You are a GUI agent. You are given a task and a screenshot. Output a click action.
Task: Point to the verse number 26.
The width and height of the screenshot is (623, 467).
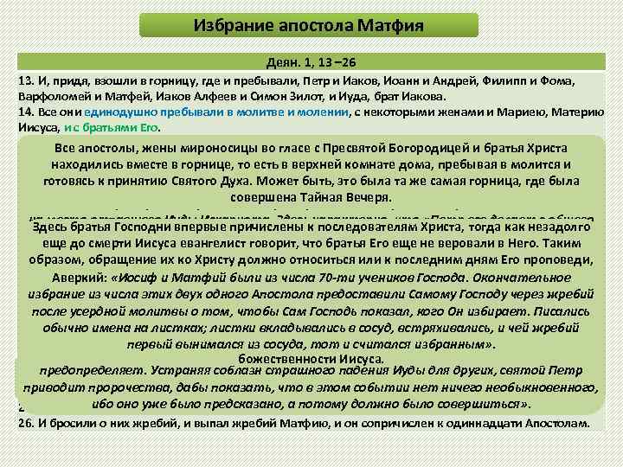(x=24, y=423)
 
